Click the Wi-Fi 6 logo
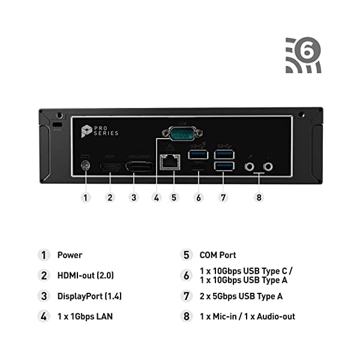303,55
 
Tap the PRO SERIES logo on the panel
100,130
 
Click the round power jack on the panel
86,164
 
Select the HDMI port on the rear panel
110,164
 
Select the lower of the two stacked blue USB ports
225,166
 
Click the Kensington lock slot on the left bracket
58,124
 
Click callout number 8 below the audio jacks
259,196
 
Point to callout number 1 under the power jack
86,196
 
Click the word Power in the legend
70,254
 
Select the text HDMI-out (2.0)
85,275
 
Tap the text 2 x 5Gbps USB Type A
241,296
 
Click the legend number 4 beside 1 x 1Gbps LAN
43,316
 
